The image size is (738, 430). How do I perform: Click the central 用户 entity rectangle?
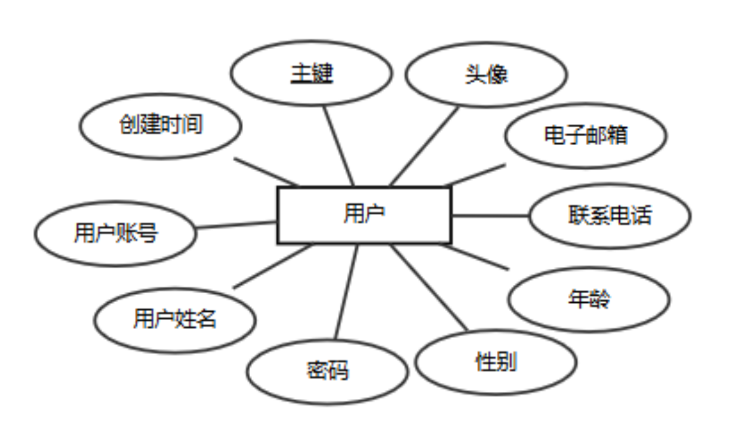click(x=364, y=215)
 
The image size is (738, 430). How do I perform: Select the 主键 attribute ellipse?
click(x=311, y=73)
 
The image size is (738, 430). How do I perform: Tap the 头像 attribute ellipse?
click(x=486, y=75)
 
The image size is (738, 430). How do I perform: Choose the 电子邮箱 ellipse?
click(x=585, y=136)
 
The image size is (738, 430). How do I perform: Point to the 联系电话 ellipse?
click(x=610, y=216)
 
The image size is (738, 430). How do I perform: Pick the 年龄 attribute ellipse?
click(x=589, y=299)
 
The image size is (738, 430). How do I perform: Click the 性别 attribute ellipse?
click(x=496, y=362)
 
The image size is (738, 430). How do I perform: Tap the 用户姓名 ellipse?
click(x=175, y=320)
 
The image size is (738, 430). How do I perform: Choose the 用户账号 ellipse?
click(x=115, y=233)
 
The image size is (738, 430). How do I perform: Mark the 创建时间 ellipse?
click(x=161, y=125)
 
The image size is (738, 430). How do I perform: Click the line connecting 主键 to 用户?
click(x=339, y=146)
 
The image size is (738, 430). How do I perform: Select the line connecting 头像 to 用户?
click(x=425, y=146)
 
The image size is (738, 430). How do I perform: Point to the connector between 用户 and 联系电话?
click(x=490, y=216)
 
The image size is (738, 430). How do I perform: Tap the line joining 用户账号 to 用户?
click(x=236, y=225)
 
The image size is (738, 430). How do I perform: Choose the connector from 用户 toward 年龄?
click(x=478, y=257)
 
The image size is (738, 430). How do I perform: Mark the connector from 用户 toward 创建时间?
click(x=266, y=172)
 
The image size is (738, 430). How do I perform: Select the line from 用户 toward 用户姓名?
click(x=272, y=266)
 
